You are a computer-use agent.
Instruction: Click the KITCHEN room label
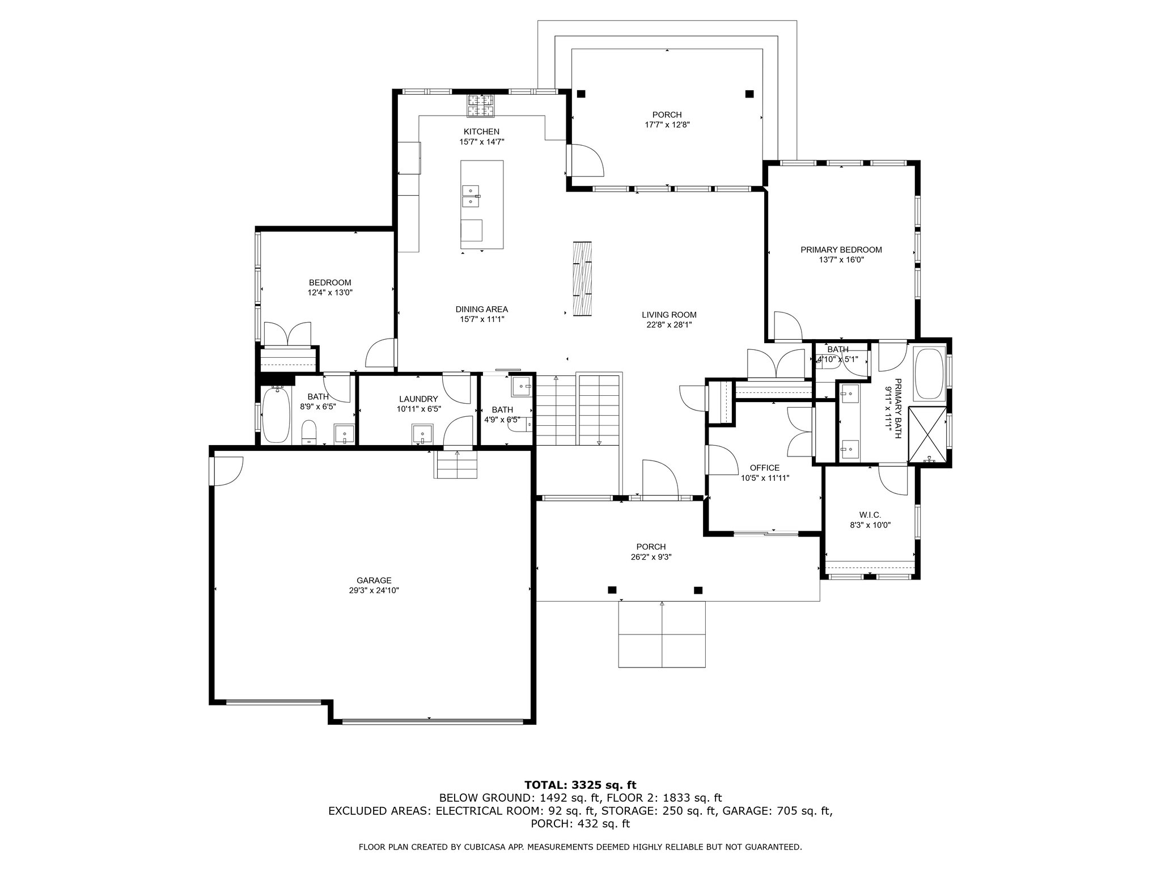click(481, 132)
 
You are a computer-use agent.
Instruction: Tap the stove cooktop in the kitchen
click(480, 105)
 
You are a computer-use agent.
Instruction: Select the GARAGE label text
click(374, 580)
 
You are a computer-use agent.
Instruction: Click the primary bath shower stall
click(927, 434)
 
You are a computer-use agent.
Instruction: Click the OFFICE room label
click(765, 468)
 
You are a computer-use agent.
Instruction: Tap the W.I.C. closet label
click(870, 515)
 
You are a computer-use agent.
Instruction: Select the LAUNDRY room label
click(418, 399)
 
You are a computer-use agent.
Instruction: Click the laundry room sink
click(422, 434)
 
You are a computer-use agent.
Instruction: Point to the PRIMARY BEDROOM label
click(841, 250)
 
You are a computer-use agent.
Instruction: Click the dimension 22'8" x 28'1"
click(669, 325)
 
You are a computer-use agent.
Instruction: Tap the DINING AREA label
click(482, 309)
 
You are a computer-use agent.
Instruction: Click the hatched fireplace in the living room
click(582, 278)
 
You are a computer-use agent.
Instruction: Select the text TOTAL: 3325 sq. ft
click(580, 785)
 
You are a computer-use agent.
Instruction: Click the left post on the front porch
click(612, 590)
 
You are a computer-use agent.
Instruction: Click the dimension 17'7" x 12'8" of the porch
click(667, 125)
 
